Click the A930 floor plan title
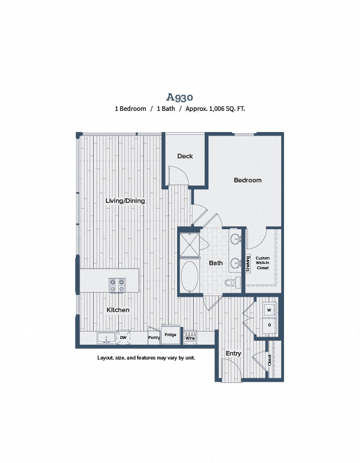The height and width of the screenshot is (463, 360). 179,97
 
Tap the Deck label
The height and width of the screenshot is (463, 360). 185,156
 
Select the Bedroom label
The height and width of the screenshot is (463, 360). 247,180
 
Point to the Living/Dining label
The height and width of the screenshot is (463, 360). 125,201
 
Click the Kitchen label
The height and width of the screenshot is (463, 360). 118,310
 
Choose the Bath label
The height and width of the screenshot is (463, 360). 215,263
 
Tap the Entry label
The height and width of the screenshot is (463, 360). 233,353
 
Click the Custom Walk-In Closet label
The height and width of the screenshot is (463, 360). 262,263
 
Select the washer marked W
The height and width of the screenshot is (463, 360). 269,310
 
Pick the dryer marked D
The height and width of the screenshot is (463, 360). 269,325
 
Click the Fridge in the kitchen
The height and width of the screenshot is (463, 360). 169,335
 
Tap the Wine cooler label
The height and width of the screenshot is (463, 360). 190,338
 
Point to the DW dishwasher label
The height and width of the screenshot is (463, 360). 123,338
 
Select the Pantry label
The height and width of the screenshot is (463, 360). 154,338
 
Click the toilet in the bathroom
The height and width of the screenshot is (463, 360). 230,282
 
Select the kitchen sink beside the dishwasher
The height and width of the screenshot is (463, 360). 106,338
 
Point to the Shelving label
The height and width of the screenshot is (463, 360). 248,264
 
